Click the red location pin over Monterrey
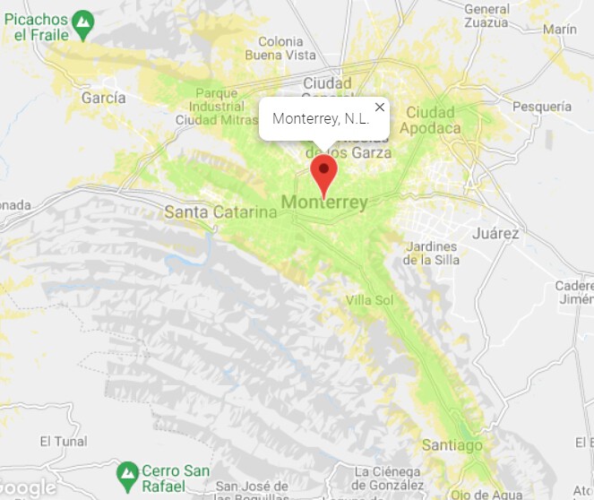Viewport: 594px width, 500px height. [323, 170]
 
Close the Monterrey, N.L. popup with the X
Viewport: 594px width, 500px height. [380, 108]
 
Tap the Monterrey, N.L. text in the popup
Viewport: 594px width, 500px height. [320, 119]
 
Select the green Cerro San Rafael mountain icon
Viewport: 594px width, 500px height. [128, 470]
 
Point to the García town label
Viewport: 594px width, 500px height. [103, 98]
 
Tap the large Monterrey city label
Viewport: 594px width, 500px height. [324, 203]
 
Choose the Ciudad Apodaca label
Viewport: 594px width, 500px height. [431, 120]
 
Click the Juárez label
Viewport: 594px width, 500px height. [498, 233]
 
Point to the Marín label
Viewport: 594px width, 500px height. [560, 30]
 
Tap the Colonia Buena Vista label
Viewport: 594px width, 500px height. [287, 48]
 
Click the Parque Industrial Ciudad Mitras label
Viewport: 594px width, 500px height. [216, 106]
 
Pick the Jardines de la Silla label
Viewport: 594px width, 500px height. [432, 253]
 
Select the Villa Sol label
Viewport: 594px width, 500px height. [369, 300]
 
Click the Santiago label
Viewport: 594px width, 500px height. [452, 445]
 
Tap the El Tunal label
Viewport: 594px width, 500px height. [64, 442]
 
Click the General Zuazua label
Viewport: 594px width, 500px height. [487, 16]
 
